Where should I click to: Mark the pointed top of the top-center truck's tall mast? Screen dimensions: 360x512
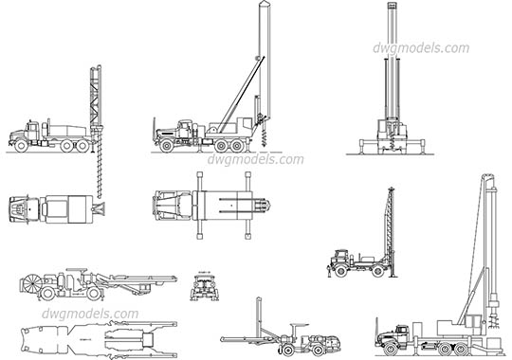[263, 6]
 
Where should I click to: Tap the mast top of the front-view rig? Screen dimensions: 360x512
[390, 8]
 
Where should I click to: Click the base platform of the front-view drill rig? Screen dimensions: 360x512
[390, 150]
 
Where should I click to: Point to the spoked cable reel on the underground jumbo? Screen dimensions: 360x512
[34, 283]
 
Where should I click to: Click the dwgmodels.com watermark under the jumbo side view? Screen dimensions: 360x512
[91, 314]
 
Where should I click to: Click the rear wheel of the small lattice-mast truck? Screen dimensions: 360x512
[379, 271]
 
